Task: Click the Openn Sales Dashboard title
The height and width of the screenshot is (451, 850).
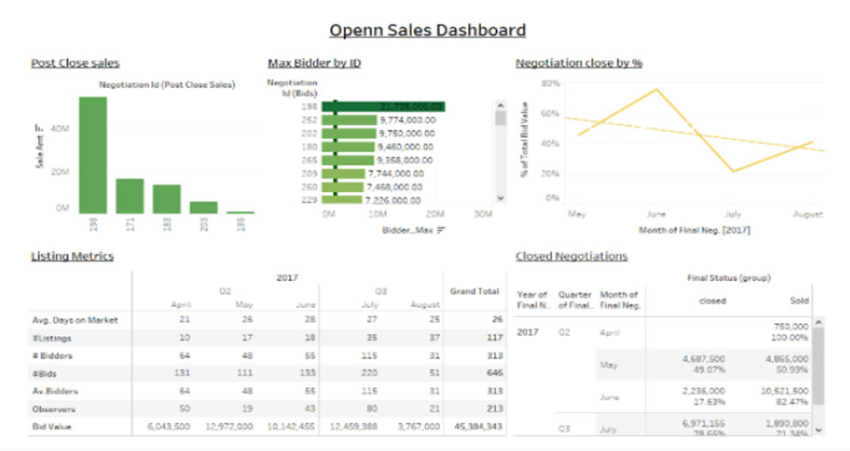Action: [x=427, y=31]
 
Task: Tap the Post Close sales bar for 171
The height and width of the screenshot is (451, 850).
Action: [x=130, y=195]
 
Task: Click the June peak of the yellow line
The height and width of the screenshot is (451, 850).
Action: [x=657, y=89]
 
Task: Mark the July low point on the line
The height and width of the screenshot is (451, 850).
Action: [x=734, y=171]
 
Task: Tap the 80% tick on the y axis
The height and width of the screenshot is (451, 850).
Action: [x=550, y=84]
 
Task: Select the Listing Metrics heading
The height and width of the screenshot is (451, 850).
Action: [x=72, y=256]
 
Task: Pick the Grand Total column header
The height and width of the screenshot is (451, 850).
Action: [x=474, y=292]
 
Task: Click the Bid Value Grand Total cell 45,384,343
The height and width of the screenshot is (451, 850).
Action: [x=474, y=425]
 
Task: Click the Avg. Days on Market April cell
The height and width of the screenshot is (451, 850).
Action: [x=184, y=320]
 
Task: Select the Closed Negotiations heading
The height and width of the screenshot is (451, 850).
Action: [x=571, y=256]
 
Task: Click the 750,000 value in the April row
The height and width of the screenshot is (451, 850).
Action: [x=790, y=327]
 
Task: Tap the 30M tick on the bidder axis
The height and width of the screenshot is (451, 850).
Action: [x=484, y=213]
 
